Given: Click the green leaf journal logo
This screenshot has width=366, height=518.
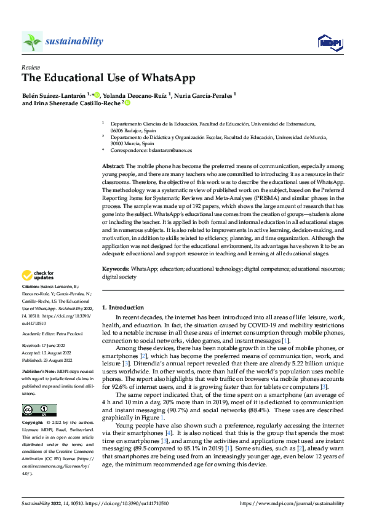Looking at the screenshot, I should (32, 41).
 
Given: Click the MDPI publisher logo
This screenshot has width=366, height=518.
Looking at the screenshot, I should (329, 42).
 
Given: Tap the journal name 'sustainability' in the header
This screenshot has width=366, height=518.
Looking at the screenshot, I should (74, 41).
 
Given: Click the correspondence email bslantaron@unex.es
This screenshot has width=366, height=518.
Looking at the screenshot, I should (162, 149).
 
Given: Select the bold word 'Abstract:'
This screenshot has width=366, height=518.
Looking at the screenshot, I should (113, 166).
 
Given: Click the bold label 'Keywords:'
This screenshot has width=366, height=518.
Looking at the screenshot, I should (116, 269).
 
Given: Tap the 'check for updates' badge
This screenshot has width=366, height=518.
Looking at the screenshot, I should (39, 275).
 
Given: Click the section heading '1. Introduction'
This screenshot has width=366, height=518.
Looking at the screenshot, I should (123, 307).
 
